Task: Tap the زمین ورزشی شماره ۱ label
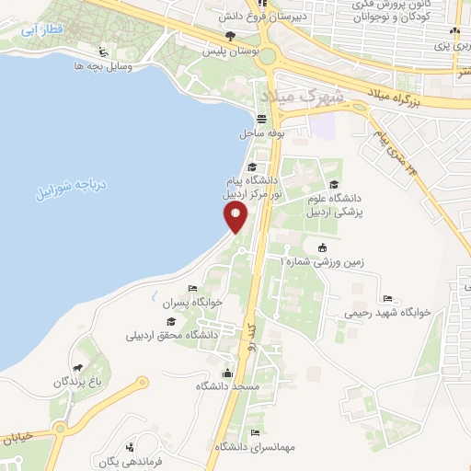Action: click(322, 261)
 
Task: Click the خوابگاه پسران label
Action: click(175, 302)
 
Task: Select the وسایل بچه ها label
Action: click(102, 67)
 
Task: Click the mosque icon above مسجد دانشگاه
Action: click(227, 373)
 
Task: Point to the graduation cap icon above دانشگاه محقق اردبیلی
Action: click(171, 321)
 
